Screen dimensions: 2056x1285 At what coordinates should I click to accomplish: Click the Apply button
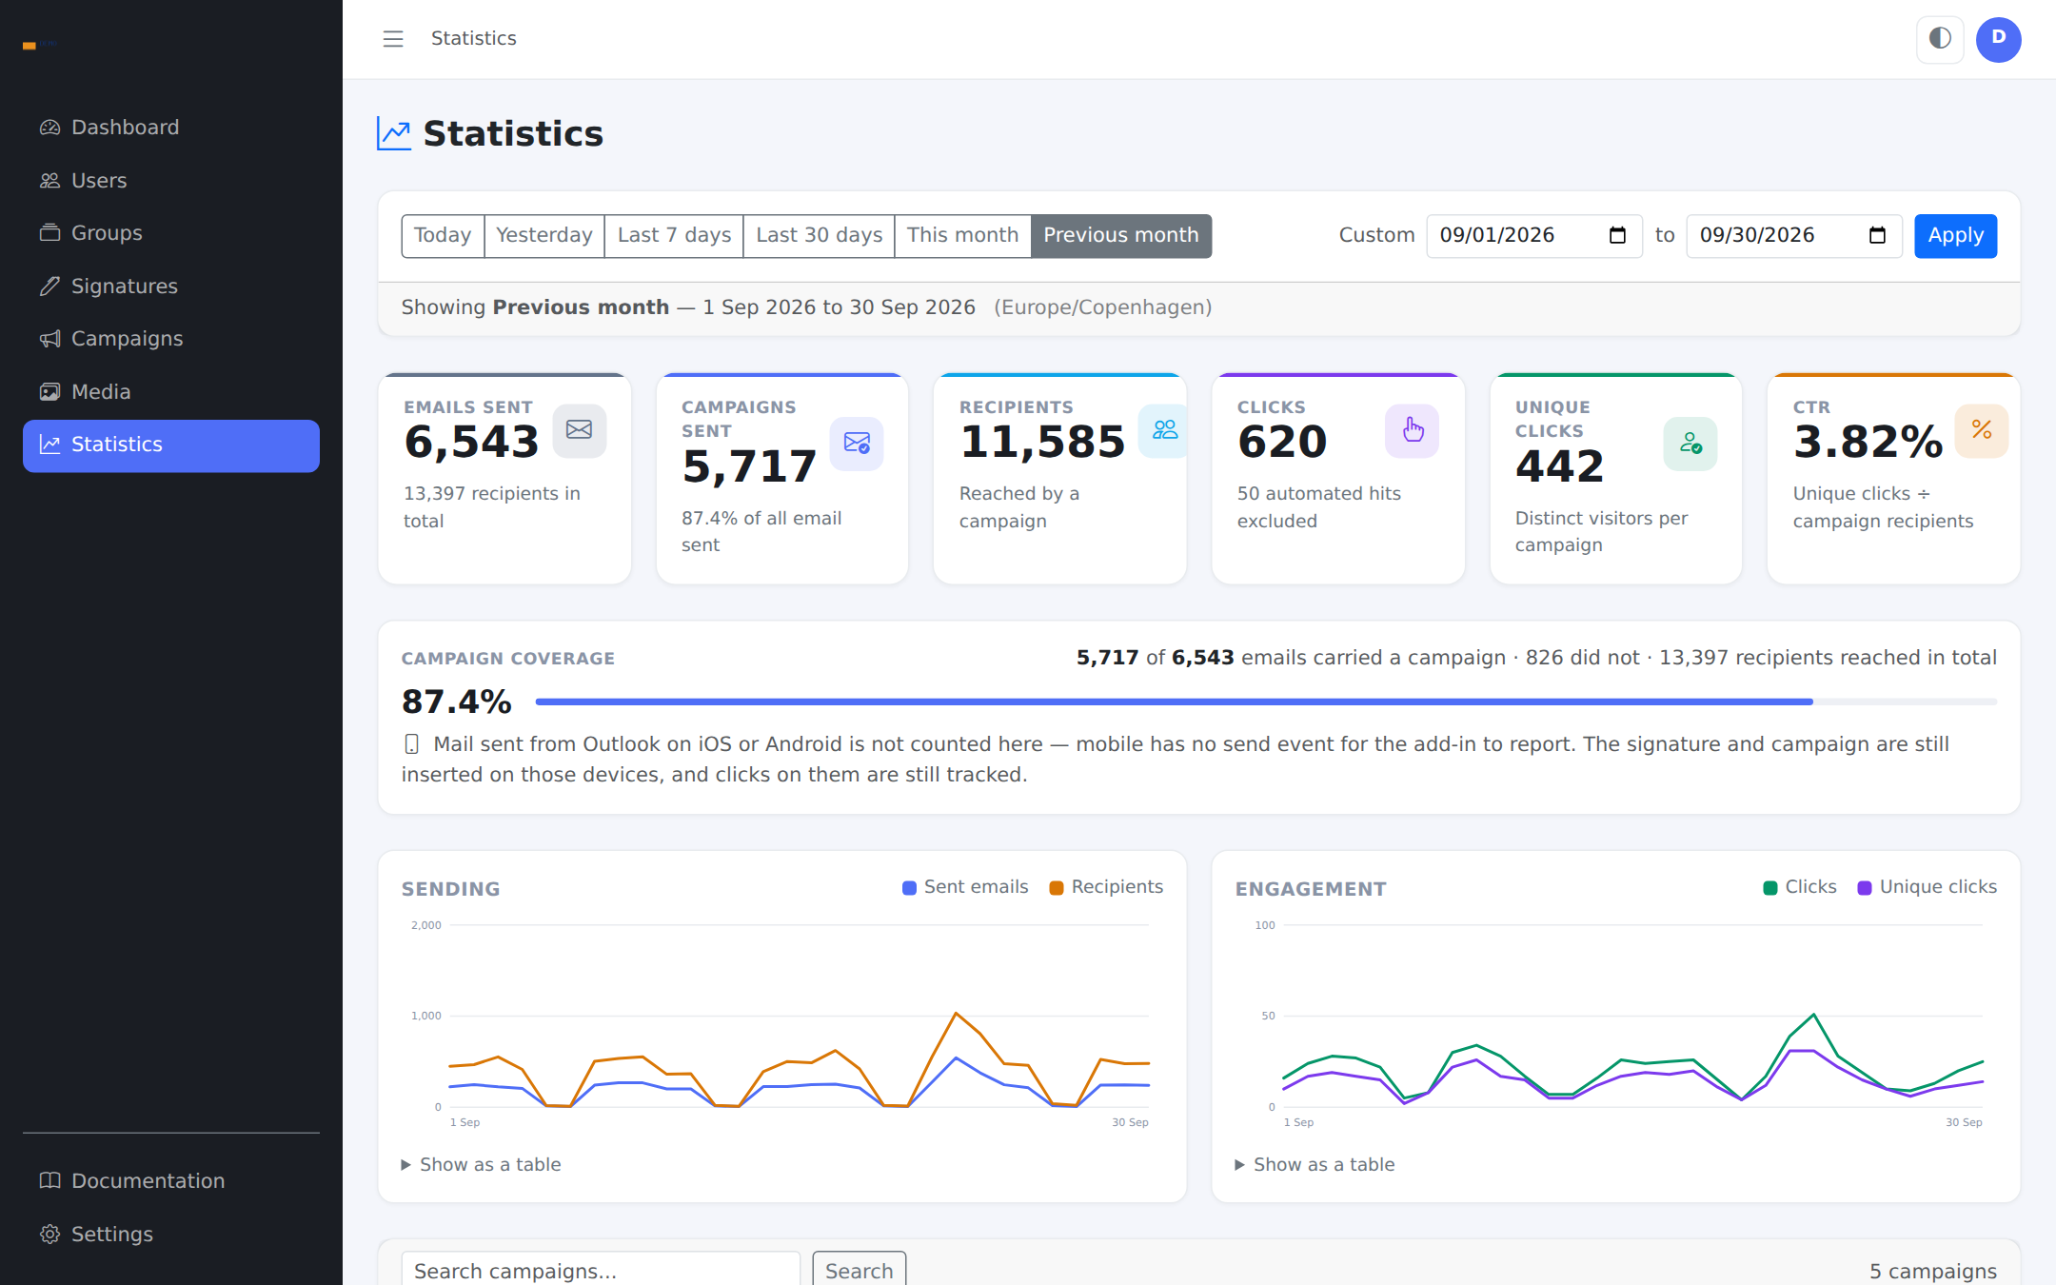[x=1955, y=235]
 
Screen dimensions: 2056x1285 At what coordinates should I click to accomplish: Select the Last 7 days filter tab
[x=674, y=235]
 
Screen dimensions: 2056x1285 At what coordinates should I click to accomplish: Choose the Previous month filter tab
[x=1120, y=235]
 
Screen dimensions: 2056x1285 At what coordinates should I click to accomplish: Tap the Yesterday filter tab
[x=544, y=235]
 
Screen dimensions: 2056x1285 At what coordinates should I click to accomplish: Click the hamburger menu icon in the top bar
[x=393, y=39]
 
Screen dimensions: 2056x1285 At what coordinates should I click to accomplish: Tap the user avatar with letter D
[x=1998, y=39]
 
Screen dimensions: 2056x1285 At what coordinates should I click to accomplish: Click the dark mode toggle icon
[x=1940, y=39]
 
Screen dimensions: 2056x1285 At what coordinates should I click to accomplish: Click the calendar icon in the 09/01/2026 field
[x=1617, y=235]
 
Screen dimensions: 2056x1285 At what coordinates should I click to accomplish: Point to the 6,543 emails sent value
[x=471, y=443]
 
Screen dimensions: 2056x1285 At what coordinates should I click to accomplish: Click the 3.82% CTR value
[x=1868, y=443]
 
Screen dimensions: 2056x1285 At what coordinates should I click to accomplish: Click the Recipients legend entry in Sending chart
[x=1106, y=887]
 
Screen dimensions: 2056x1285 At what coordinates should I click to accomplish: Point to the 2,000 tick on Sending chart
[x=426, y=925]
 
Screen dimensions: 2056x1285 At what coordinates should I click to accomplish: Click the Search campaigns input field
[x=601, y=1270]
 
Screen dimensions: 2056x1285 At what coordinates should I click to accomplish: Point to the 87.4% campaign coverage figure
[x=457, y=702]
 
